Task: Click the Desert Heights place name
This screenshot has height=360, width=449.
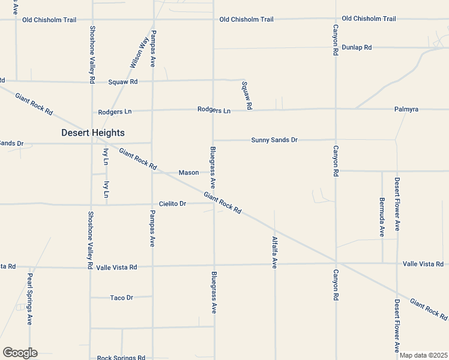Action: coord(92,133)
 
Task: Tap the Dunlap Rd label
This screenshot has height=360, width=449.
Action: coord(357,47)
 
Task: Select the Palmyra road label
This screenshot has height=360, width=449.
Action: coord(406,109)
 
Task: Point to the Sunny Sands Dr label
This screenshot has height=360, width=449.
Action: coord(274,140)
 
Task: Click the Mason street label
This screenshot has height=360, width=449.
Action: coord(188,173)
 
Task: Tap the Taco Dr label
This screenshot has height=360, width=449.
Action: coord(121,298)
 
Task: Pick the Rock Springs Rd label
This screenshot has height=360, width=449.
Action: coord(121,358)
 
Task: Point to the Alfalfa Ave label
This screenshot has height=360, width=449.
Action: coord(274,252)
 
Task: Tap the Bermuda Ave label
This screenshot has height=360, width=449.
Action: coord(382,217)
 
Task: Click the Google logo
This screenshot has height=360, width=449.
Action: coord(20,353)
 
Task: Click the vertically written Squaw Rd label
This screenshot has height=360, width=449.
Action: coord(246,95)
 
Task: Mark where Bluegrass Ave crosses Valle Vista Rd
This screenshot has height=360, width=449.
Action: coord(214,264)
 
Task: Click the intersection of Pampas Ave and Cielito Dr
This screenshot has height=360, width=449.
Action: coord(151,204)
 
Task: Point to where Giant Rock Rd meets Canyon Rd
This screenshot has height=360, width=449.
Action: coord(336,262)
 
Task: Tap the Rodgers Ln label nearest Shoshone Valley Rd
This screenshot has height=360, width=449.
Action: coord(115,112)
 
